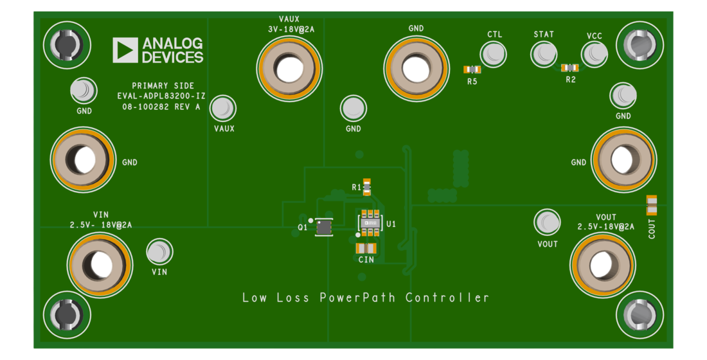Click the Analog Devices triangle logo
click(x=125, y=50)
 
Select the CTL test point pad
click(x=494, y=53)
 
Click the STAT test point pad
click(x=543, y=53)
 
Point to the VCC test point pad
click(x=593, y=54)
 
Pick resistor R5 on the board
click(x=472, y=69)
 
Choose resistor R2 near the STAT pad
click(x=570, y=67)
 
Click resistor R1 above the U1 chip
click(x=367, y=186)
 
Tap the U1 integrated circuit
click(x=370, y=222)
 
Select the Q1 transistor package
click(x=323, y=227)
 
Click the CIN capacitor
click(x=366, y=248)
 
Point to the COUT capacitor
click(x=652, y=205)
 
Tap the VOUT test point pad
click(x=547, y=222)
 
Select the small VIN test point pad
click(x=158, y=251)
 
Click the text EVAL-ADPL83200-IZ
click(x=161, y=96)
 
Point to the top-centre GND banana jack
click(x=416, y=67)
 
